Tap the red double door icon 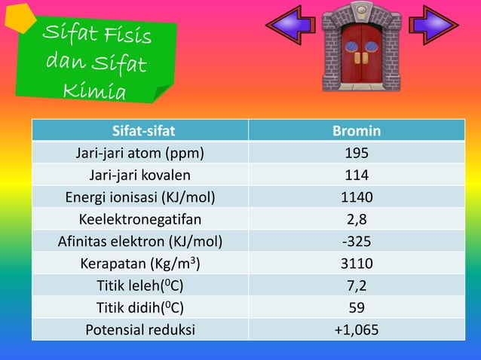pyautogui.click(x=361, y=47)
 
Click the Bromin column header pyautogui.click(x=357, y=131)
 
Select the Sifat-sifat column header pyautogui.click(x=139, y=131)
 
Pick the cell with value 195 pyautogui.click(x=357, y=154)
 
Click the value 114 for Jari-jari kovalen pyautogui.click(x=357, y=175)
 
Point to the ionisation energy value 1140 pyautogui.click(x=357, y=197)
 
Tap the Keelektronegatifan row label pyautogui.click(x=139, y=220)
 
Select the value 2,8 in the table pyautogui.click(x=357, y=220)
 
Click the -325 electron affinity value pyautogui.click(x=357, y=242)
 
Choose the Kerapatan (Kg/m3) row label pyautogui.click(x=139, y=264)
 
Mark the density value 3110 pyautogui.click(x=357, y=264)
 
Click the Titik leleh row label pyautogui.click(x=139, y=286)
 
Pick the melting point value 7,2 pyautogui.click(x=357, y=286)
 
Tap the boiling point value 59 pyautogui.click(x=357, y=308)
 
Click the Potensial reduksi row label pyautogui.click(x=139, y=330)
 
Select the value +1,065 pyautogui.click(x=357, y=330)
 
